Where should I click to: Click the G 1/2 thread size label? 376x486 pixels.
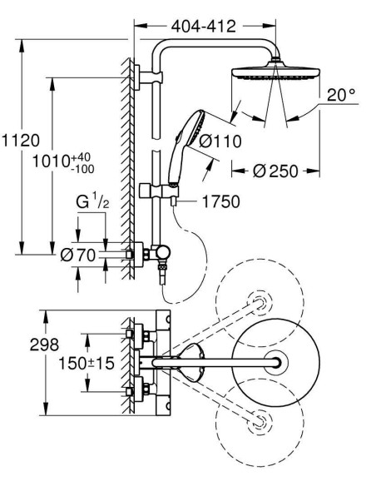94,202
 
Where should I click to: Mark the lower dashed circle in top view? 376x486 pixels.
259,423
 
